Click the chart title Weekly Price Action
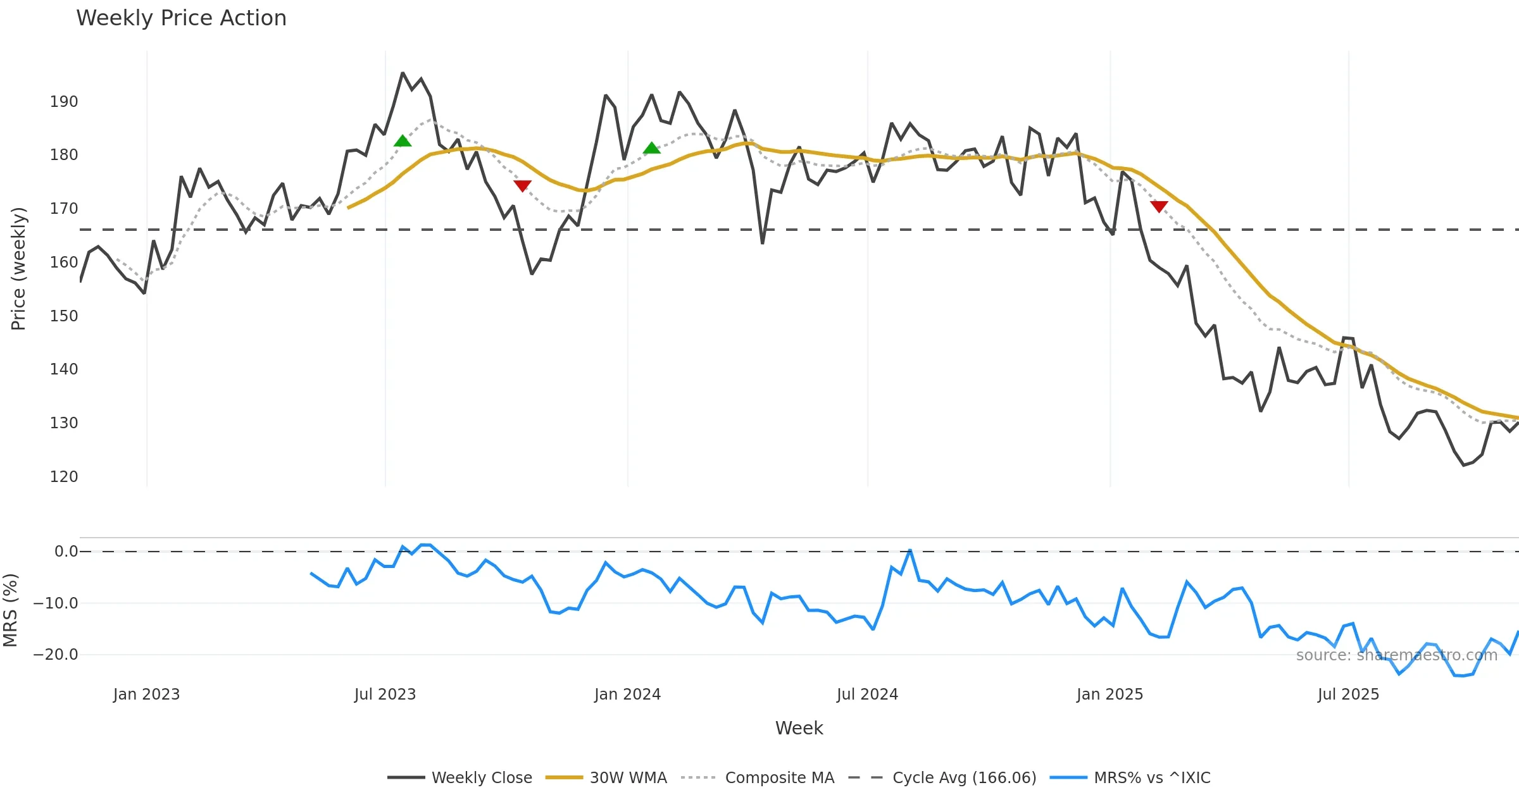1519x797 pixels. point(181,18)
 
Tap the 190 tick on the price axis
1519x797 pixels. point(64,102)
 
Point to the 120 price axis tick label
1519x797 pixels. point(64,476)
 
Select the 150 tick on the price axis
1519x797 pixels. point(64,316)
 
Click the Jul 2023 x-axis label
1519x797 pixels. point(385,695)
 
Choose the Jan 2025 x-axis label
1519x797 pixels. point(1110,695)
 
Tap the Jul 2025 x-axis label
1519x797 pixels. point(1348,695)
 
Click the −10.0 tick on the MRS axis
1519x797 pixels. point(56,603)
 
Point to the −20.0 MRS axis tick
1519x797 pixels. point(56,655)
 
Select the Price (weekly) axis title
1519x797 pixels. point(18,269)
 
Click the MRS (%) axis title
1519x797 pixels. point(10,610)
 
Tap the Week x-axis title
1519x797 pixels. point(799,729)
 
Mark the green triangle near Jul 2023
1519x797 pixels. point(403,141)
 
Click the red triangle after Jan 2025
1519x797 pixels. point(1159,206)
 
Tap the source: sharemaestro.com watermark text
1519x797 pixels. point(1396,655)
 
